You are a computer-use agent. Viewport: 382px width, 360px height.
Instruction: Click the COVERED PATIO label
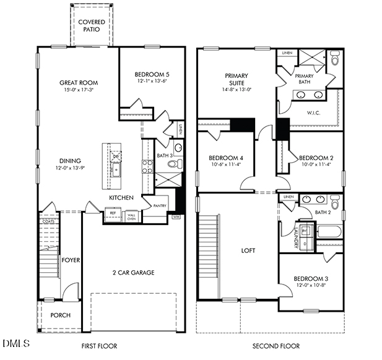click(x=91, y=26)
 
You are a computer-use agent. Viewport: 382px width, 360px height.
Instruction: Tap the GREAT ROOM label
click(x=79, y=82)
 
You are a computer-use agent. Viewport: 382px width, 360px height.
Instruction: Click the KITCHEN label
click(x=122, y=197)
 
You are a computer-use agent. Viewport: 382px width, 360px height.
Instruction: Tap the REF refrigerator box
click(x=112, y=213)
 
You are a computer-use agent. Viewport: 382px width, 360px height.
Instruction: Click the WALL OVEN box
click(x=131, y=216)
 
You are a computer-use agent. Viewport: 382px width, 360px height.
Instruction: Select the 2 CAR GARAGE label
click(x=133, y=272)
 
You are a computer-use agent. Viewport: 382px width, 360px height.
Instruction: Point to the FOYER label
click(x=70, y=260)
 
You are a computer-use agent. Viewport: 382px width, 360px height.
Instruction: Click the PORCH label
click(x=61, y=315)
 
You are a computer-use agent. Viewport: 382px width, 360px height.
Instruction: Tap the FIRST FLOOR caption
click(x=99, y=346)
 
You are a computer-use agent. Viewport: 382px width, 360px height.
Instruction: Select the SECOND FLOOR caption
click(x=276, y=346)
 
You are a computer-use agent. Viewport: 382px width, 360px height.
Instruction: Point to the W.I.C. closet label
click(x=313, y=113)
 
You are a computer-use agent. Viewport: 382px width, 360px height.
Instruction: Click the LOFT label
click(x=248, y=251)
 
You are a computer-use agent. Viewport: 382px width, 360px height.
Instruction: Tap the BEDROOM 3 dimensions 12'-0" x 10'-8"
click(x=310, y=285)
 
